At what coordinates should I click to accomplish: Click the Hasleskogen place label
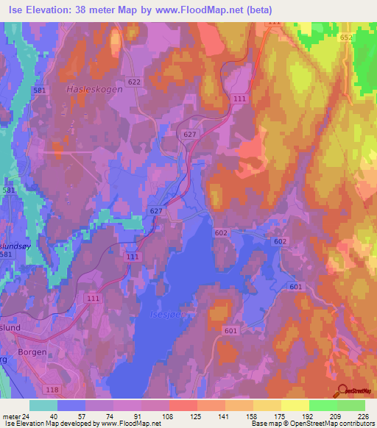click(90, 88)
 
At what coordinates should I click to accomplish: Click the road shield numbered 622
click(133, 82)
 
